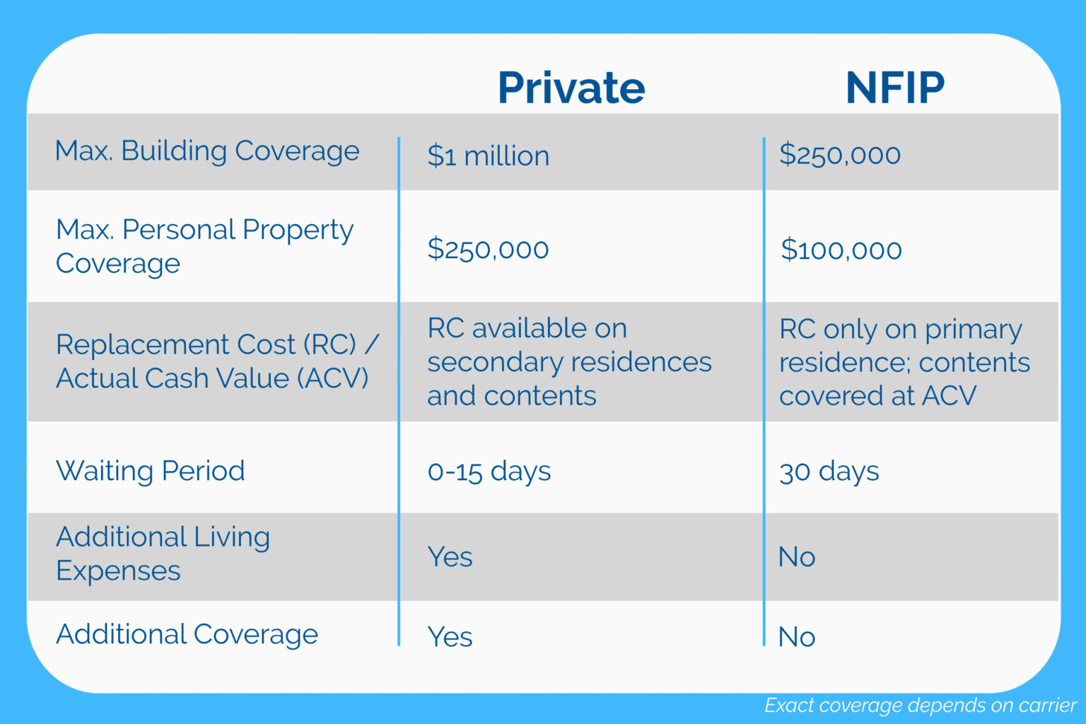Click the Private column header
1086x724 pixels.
point(571,88)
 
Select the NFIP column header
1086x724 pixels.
point(894,88)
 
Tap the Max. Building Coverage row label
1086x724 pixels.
point(207,151)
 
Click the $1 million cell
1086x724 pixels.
point(488,156)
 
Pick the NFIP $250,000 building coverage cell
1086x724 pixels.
point(839,155)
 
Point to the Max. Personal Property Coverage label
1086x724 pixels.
point(204,246)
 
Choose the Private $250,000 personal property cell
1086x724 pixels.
point(488,249)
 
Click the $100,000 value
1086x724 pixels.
point(841,250)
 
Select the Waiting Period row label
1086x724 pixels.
point(151,471)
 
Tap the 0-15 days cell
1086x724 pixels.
point(489,472)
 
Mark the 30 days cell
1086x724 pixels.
point(829,472)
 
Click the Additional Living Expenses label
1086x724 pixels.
point(163,554)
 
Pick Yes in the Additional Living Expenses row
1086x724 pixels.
point(450,557)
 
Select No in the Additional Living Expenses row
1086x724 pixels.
point(796,557)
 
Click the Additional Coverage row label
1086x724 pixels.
point(187,635)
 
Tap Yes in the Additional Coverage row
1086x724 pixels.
point(450,637)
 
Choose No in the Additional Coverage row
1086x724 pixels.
point(796,637)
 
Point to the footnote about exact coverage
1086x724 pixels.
point(920,706)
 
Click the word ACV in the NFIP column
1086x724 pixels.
point(949,396)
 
